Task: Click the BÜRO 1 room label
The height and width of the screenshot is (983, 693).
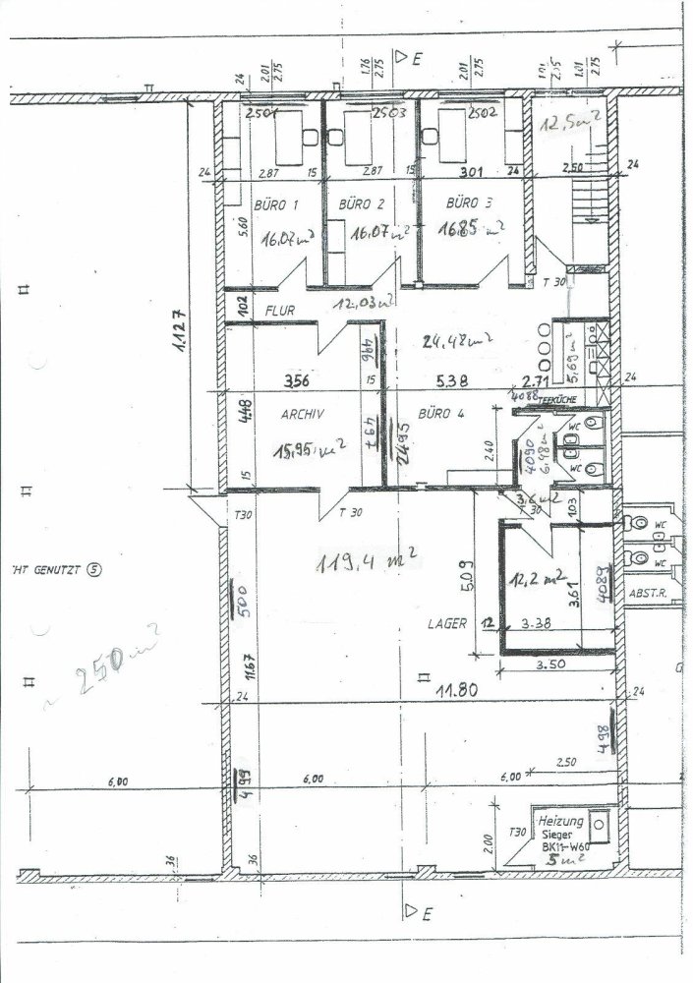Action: click(x=275, y=205)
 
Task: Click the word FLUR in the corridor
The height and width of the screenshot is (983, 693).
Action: click(x=280, y=310)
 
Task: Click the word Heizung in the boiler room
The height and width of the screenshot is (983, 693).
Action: click(x=561, y=821)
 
